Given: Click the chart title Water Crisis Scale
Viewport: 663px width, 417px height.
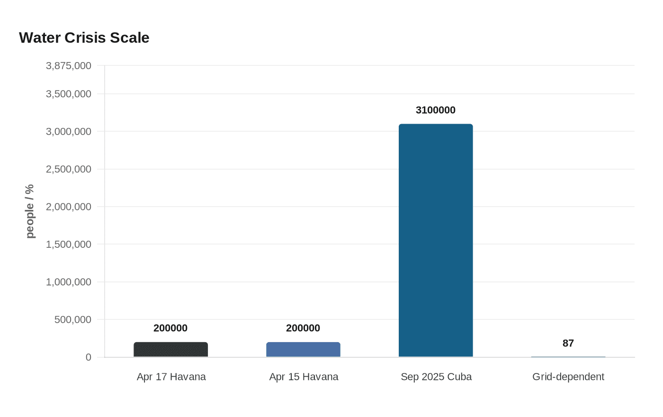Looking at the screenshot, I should (84, 38).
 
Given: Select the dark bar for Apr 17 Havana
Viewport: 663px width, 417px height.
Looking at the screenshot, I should (170, 350).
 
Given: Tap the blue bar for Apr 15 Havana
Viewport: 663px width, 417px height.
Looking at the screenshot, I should (303, 350).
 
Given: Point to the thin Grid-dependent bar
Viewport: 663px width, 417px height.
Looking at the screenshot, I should (568, 356).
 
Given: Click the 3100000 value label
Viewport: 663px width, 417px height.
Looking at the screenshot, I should (436, 110).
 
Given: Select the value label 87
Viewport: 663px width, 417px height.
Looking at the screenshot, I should (568, 343).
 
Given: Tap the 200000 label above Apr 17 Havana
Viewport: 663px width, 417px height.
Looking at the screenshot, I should (170, 328).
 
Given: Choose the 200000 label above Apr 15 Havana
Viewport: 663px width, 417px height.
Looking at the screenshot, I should (303, 328).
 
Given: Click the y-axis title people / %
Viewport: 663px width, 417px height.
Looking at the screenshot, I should (30, 211).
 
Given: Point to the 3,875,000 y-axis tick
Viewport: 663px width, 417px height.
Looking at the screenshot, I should (69, 66).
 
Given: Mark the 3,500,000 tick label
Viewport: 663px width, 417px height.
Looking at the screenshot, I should (69, 94).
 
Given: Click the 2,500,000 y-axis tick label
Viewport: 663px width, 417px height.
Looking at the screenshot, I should (69, 169).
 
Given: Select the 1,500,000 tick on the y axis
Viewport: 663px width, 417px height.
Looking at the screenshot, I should (69, 245).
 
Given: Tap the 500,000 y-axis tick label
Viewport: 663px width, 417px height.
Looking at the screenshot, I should (73, 319).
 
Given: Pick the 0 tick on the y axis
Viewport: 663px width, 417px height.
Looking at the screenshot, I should (89, 357).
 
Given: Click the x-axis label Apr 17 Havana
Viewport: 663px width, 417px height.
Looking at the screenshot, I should (171, 377).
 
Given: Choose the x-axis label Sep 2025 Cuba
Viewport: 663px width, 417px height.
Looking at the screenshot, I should (436, 377).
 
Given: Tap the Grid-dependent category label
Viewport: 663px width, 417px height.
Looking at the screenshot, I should (568, 377).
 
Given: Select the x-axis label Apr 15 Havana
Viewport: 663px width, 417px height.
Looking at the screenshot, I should (304, 377).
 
